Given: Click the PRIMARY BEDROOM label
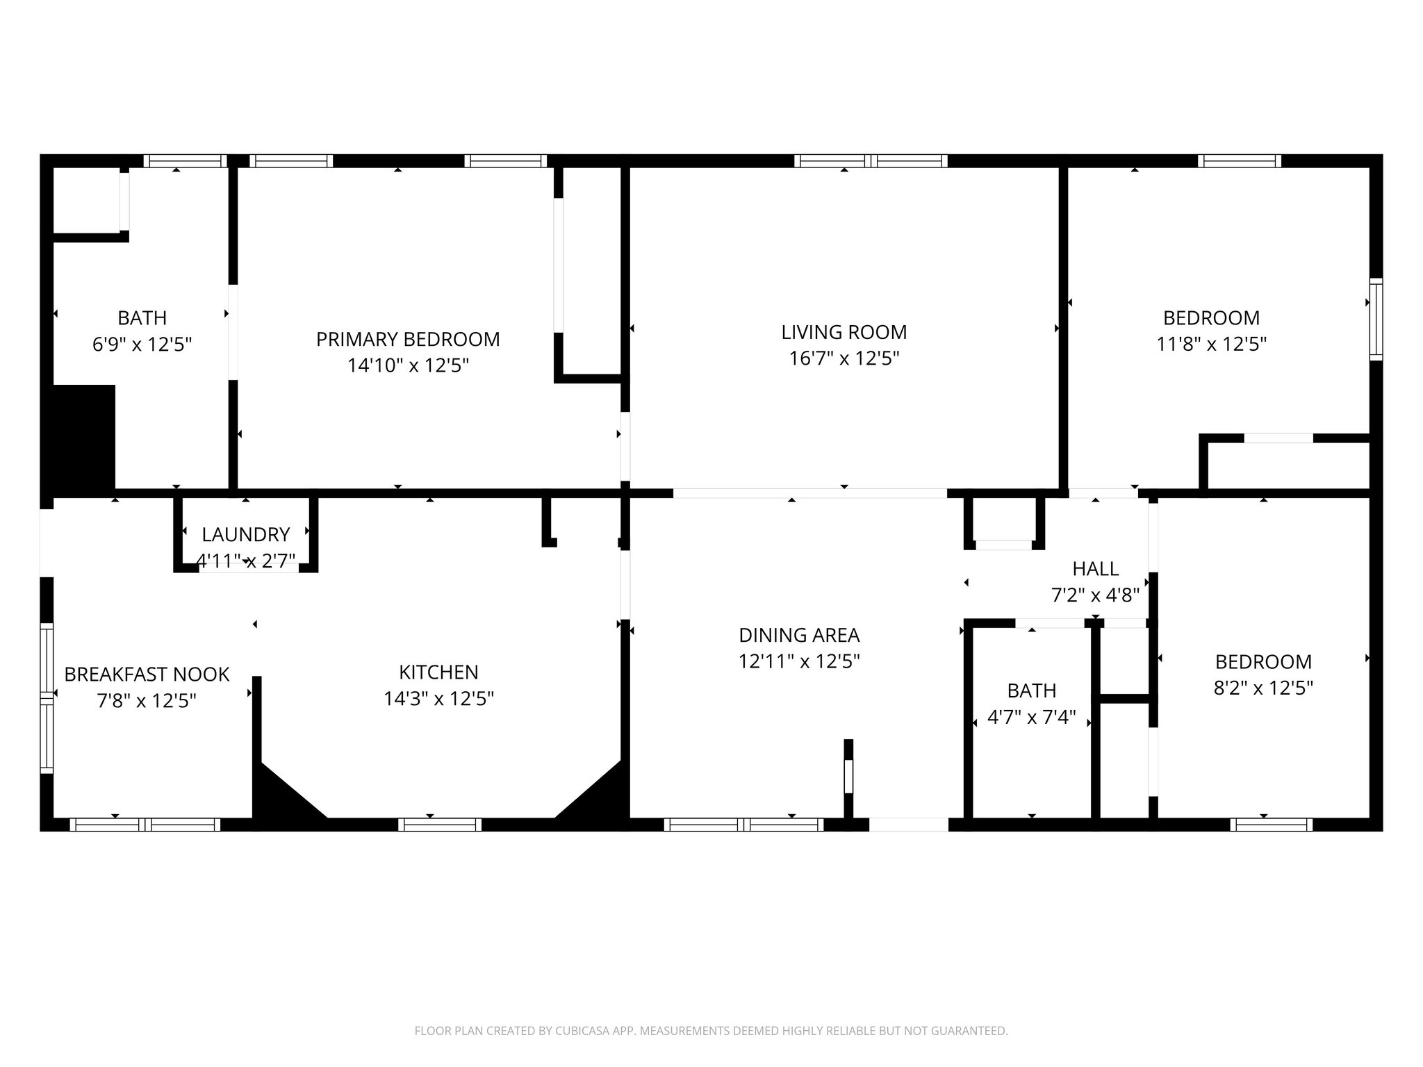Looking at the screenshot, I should (x=408, y=339).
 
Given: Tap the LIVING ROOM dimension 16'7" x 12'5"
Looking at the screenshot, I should (x=844, y=358).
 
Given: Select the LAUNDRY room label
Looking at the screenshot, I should (x=245, y=534).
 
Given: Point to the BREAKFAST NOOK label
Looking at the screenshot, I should (x=147, y=675).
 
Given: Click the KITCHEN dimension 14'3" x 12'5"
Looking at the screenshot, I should (x=438, y=698).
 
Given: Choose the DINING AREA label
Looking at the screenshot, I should (x=799, y=635).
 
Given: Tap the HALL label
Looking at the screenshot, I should (x=1095, y=569).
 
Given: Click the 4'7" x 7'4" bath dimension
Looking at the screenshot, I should (x=1031, y=716).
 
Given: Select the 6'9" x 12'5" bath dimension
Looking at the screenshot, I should (x=142, y=344).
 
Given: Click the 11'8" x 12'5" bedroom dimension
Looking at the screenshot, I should (x=1211, y=344).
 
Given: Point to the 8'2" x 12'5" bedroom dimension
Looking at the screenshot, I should (x=1262, y=688).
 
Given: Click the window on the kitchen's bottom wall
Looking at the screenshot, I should (x=440, y=825).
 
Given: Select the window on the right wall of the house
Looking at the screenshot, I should (x=1375, y=319).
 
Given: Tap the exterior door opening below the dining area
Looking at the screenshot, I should (x=908, y=825).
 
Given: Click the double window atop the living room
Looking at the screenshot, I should (x=871, y=161).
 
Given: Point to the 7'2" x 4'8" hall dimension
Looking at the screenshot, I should (x=1095, y=595).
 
